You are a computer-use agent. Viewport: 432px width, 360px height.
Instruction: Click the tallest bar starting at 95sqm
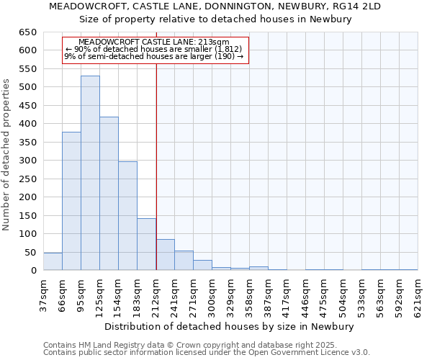coord(90,173)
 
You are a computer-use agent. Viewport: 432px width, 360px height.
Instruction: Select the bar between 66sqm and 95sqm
coord(71,202)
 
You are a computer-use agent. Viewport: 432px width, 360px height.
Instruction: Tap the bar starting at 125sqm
coord(109,194)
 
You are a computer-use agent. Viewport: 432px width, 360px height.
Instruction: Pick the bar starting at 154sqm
coord(127,216)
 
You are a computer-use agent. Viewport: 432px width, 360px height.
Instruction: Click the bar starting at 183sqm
coord(146,244)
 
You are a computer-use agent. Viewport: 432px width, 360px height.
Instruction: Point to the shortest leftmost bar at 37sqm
coord(53,262)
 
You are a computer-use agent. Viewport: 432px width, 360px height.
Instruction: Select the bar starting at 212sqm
coord(166,255)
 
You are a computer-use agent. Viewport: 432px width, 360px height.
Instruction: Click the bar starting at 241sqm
coord(184,261)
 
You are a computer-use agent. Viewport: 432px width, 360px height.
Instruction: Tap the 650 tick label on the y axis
coord(27,32)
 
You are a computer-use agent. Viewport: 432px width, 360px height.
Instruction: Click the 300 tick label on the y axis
coord(27,161)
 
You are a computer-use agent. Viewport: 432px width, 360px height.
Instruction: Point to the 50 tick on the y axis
coord(30,253)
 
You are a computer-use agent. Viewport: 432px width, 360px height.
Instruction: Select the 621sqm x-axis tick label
coord(418,297)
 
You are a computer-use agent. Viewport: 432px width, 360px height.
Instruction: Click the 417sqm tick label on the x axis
coord(287,297)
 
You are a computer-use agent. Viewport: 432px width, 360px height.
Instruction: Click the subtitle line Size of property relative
coord(215,19)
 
